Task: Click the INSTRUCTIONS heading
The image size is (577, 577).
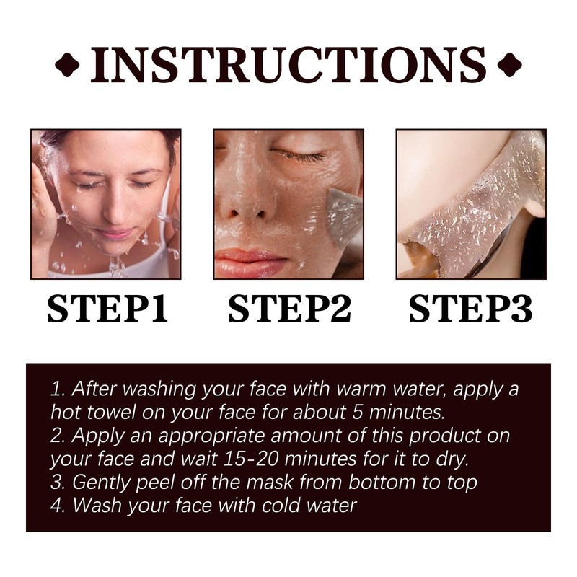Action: pyautogui.click(x=288, y=64)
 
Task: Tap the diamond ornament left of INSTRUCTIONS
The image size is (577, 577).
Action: pyautogui.click(x=67, y=64)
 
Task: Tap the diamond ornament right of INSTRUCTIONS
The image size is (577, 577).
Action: pyautogui.click(x=510, y=64)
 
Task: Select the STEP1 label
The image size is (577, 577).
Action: pyautogui.click(x=107, y=309)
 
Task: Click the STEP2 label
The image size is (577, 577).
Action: pyautogui.click(x=289, y=309)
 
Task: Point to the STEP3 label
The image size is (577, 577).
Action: pyautogui.click(x=470, y=309)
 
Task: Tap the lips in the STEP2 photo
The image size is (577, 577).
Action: pyautogui.click(x=249, y=260)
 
